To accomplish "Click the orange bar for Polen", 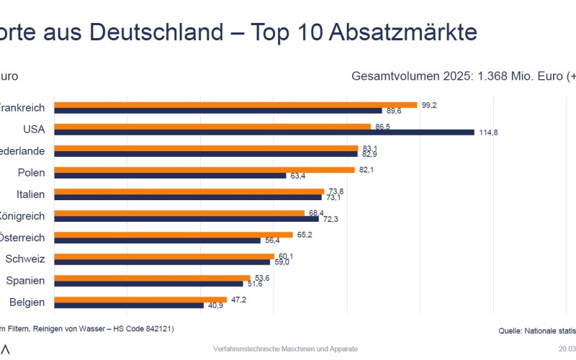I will (x=204, y=169).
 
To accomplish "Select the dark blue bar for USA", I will (x=264, y=132).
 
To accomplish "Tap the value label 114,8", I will (x=490, y=132).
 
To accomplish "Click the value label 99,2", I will (x=430, y=104).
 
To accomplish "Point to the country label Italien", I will (x=31, y=194).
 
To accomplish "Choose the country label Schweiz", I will (x=25, y=259).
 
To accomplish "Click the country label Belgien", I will (x=27, y=302).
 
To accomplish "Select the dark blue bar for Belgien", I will (x=129, y=305).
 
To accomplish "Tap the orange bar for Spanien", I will (x=152, y=277).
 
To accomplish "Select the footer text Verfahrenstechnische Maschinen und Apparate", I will (x=285, y=348).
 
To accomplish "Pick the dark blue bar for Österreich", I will (x=157, y=240).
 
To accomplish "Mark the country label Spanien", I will (x=25, y=281).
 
